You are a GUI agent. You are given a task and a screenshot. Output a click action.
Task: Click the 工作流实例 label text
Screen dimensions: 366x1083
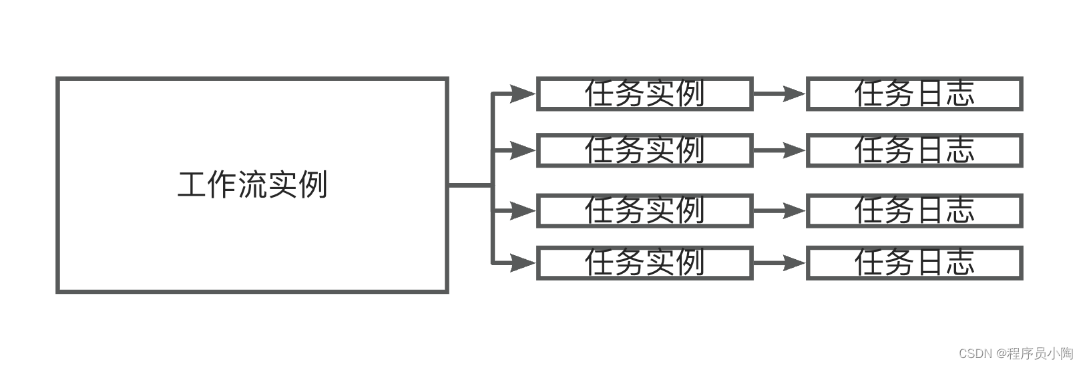pos(252,185)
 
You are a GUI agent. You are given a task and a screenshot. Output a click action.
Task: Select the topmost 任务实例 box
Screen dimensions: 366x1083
pos(644,94)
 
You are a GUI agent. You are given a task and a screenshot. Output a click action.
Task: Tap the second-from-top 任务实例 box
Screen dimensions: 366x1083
pos(644,150)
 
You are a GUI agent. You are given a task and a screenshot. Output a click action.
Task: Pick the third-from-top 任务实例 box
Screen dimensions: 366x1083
pos(644,211)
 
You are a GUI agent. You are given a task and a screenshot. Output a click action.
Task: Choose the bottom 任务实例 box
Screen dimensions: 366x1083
pos(644,263)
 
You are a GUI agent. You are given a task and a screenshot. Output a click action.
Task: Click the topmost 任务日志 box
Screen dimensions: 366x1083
pos(914,94)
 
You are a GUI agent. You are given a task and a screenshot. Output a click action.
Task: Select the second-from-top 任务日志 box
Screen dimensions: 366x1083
pos(914,150)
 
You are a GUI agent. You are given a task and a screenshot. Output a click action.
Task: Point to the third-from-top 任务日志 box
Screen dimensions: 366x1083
pos(914,211)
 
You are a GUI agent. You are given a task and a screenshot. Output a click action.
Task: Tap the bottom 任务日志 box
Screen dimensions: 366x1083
pos(914,263)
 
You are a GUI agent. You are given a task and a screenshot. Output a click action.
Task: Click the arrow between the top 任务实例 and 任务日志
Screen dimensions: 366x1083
pos(779,94)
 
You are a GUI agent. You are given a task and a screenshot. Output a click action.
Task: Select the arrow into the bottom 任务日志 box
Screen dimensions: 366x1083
pos(779,263)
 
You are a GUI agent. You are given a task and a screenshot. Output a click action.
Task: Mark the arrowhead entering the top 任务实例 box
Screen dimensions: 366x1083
pos(523,94)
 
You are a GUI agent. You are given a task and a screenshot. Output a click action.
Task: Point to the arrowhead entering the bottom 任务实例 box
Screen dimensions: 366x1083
pos(523,263)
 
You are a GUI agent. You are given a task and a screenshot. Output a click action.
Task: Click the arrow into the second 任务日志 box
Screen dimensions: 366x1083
pos(779,150)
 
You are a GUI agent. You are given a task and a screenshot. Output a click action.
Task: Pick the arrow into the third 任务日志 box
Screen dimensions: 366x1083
pos(779,211)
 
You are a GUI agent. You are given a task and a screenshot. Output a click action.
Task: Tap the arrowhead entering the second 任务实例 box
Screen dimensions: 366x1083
pos(523,150)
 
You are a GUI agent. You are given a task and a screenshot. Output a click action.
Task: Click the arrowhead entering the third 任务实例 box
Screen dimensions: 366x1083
pos(523,211)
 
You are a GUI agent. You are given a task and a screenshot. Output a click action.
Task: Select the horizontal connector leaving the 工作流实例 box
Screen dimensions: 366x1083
pos(469,185)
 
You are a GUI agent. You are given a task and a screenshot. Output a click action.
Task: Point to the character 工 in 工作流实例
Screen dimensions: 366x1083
pos(192,185)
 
